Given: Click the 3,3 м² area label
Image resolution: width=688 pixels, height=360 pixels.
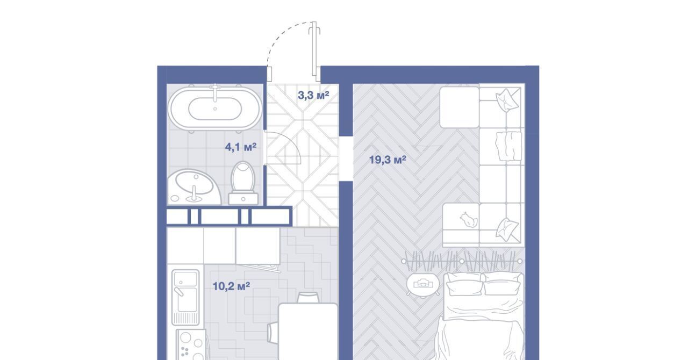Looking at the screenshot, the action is (313, 95).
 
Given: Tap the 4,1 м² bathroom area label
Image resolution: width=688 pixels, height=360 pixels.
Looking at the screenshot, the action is (241, 147).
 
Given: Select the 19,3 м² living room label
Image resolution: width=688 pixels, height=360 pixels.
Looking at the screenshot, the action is (388, 160).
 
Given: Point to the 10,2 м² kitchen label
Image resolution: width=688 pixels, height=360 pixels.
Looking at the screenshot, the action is (231, 286).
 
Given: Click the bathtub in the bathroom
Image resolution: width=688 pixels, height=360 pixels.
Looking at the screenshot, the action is (215, 109).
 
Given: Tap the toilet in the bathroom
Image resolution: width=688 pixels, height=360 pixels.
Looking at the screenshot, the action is (243, 183).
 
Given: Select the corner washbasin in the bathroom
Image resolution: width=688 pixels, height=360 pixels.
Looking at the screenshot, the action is (193, 187).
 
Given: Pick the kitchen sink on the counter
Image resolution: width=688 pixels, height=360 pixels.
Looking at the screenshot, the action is (185, 297).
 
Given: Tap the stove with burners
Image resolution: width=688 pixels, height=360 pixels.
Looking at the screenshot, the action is (191, 344).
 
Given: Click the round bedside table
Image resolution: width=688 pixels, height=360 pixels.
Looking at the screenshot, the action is (423, 285).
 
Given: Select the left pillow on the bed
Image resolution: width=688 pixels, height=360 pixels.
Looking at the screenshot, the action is (464, 285).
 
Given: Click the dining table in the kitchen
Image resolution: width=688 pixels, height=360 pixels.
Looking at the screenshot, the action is (308, 332).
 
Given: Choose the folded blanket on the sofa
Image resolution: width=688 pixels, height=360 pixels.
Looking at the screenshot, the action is (508, 146).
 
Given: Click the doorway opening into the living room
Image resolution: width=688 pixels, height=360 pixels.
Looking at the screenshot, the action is (346, 159).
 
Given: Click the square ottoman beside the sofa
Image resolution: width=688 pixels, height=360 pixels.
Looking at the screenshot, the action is (460, 107).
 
